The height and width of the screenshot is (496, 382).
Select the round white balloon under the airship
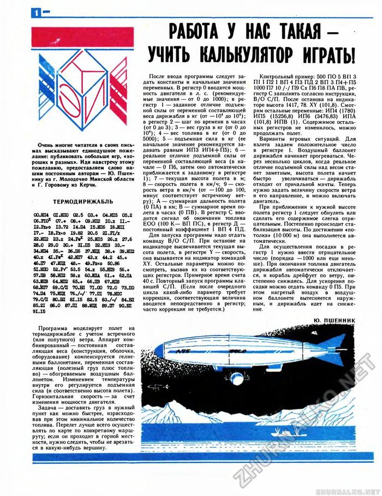(236, 379)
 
